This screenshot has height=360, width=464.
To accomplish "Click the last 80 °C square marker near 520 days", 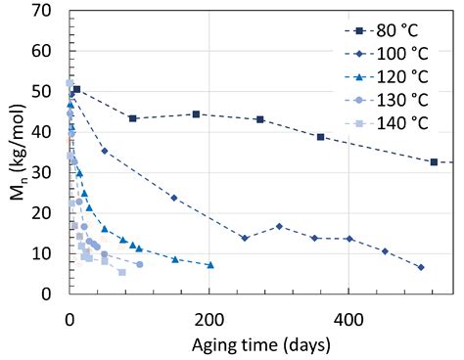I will [434, 161].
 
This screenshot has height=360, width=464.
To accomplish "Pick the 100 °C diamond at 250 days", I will [245, 238].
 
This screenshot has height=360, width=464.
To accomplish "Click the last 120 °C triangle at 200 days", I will [209, 265].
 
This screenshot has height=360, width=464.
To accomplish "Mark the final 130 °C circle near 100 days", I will [139, 264].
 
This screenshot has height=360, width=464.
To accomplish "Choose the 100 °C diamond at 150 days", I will [174, 198].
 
